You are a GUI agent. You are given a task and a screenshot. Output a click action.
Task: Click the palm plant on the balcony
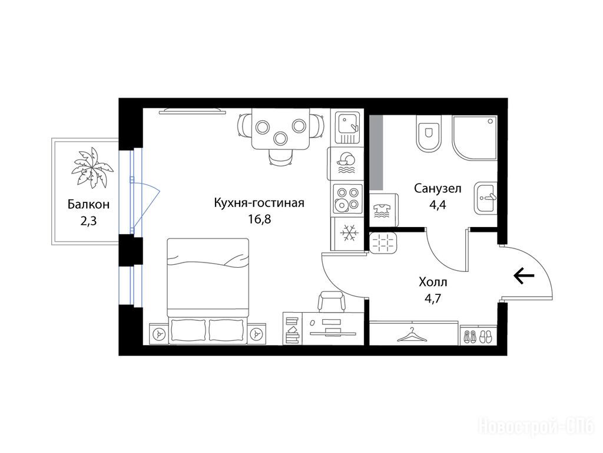point(92,168)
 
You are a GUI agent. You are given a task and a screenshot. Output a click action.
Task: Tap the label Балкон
point(88,204)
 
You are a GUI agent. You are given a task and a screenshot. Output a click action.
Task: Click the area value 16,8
point(259,219)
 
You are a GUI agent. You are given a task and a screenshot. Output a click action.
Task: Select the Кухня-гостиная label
point(259,203)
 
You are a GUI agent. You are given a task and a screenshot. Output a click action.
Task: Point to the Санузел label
point(438,188)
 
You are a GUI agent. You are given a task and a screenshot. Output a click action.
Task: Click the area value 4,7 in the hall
point(433,298)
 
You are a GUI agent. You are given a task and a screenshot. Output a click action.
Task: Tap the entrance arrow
point(524,276)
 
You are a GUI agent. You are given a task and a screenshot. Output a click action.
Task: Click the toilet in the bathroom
point(429,134)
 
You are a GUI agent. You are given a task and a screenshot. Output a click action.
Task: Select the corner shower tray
point(475,137)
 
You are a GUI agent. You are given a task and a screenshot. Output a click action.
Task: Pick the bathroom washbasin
point(485,198)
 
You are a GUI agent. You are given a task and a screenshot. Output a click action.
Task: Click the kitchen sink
point(347,127)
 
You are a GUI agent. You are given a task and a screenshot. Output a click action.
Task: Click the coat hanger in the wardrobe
point(412,334)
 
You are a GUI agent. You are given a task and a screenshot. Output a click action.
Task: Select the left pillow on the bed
point(188,330)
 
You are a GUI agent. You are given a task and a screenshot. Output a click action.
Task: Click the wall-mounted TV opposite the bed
point(193,111)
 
